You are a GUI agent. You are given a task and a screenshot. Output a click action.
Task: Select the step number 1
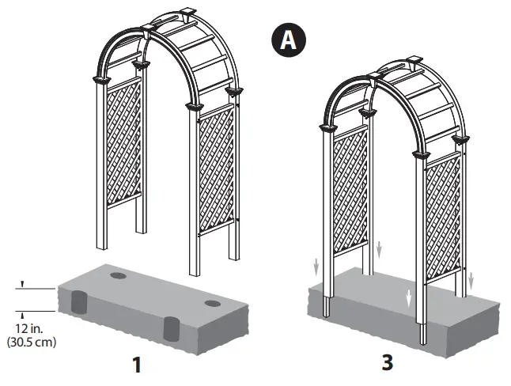pyautogui.click(x=138, y=365)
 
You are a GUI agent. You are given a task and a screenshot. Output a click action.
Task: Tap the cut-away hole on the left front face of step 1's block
pyautogui.click(x=79, y=302)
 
